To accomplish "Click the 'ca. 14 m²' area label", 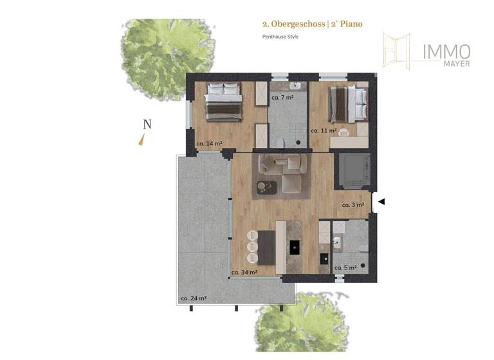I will (210, 143).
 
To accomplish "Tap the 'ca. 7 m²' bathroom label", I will (282, 98).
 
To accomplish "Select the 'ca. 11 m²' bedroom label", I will (324, 130).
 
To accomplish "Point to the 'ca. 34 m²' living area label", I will (244, 272).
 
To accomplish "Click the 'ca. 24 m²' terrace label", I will (193, 298).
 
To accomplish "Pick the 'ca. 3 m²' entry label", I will (353, 205).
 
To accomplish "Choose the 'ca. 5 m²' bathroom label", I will (345, 268).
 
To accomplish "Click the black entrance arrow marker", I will (381, 202).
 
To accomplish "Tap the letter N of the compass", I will (147, 125).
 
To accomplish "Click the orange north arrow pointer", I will (141, 141).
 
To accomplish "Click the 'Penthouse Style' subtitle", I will (280, 37).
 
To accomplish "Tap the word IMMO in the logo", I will (446, 51).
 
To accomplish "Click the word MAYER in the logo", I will (456, 64).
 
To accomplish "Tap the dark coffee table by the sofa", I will (266, 187).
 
